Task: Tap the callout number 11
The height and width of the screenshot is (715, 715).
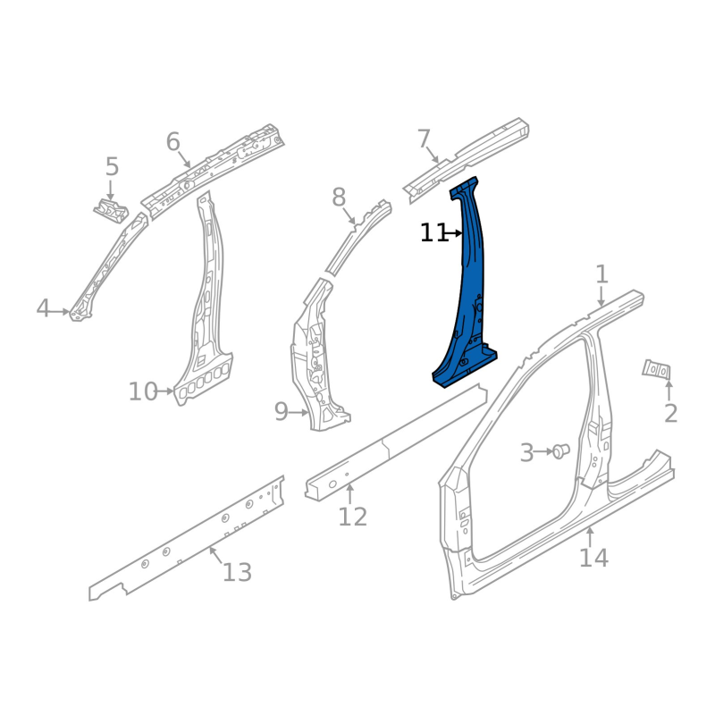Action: coord(433,233)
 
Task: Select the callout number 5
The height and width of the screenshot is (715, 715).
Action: coord(113,166)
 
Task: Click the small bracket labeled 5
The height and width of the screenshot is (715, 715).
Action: coord(111,211)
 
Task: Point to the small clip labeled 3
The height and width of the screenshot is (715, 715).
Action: coord(560,451)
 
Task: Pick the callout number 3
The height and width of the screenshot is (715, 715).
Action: coord(526,452)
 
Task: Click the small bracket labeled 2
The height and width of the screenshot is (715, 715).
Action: coord(657,369)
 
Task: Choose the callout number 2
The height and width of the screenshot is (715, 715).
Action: coord(670,414)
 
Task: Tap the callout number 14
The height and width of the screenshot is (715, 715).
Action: coord(593,558)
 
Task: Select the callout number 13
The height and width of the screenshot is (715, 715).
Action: coord(237,572)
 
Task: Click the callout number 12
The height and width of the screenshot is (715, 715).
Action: coord(352,517)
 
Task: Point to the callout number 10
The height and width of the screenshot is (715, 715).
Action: coord(143,391)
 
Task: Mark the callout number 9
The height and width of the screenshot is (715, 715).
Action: coord(282,412)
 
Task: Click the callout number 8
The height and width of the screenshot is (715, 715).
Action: coord(339,198)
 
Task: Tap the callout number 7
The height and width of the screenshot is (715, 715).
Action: coord(424,139)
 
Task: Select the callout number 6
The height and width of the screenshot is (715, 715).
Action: coord(172,142)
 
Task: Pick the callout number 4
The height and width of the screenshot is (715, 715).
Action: coord(42,308)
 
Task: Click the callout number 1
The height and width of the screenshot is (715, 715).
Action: coord(602,274)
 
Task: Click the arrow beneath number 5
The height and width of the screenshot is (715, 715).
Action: coord(110,190)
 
